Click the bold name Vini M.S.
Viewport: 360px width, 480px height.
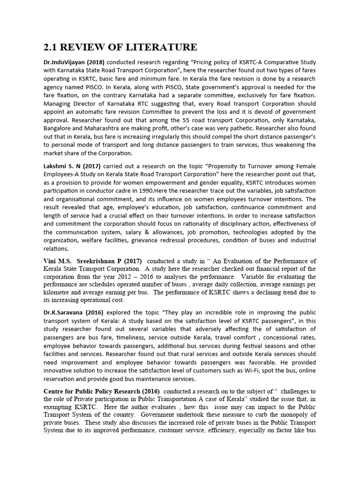(x=58, y=261)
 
